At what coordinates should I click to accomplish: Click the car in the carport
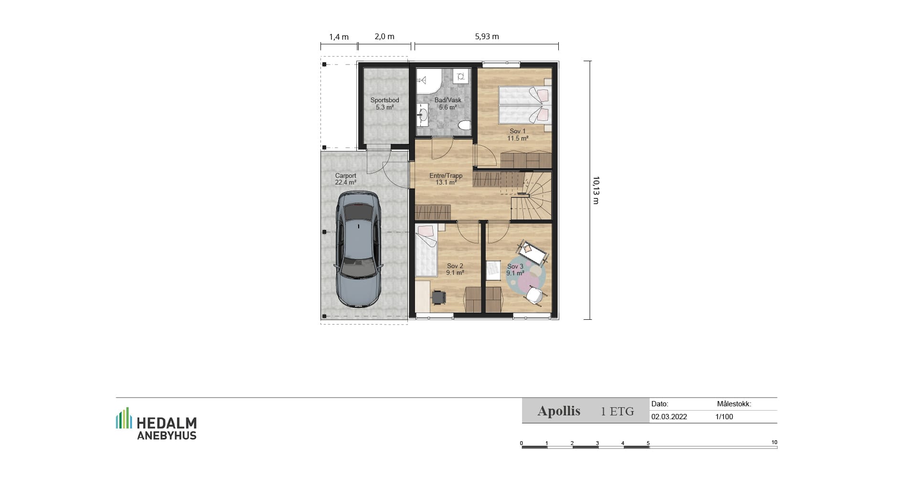click(359, 250)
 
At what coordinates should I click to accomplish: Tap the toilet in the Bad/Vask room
click(464, 125)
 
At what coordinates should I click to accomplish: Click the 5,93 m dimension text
click(487, 36)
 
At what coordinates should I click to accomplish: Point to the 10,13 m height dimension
click(596, 190)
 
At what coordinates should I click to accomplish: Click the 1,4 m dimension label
click(339, 37)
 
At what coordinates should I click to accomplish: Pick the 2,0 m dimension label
click(384, 36)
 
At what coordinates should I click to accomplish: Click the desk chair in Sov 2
click(438, 297)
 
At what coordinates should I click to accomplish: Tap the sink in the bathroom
click(423, 115)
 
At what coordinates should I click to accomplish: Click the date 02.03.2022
click(669, 417)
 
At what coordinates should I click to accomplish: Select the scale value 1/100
click(724, 417)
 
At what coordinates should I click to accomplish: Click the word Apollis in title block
click(559, 411)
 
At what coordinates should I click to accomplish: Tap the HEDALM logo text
click(167, 423)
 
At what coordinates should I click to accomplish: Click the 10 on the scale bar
click(774, 443)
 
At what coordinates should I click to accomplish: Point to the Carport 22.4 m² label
click(346, 179)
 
